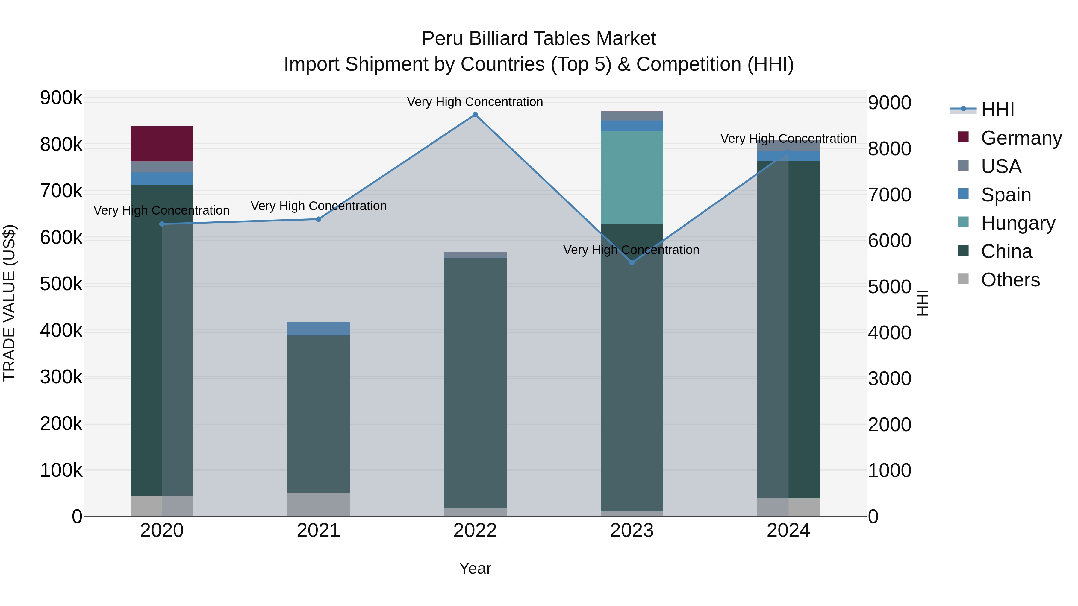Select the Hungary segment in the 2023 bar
(632, 177)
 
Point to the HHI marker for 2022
(475, 115)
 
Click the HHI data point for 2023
(632, 263)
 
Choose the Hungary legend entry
(1018, 223)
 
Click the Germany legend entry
(1021, 138)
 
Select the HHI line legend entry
(997, 110)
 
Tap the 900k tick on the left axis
(61, 98)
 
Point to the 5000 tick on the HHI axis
(889, 287)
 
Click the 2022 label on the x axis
(475, 531)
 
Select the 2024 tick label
(788, 531)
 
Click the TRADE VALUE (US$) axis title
(9, 303)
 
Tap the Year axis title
(475, 568)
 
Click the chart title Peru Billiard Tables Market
(539, 39)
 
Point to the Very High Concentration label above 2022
(475, 102)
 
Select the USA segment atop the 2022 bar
(475, 255)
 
